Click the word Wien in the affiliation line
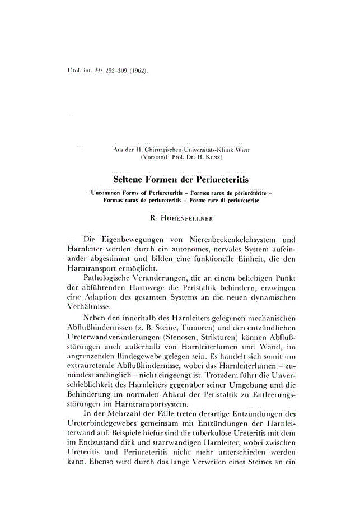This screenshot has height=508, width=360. [242, 150]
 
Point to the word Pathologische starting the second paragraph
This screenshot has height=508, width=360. [110, 277]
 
